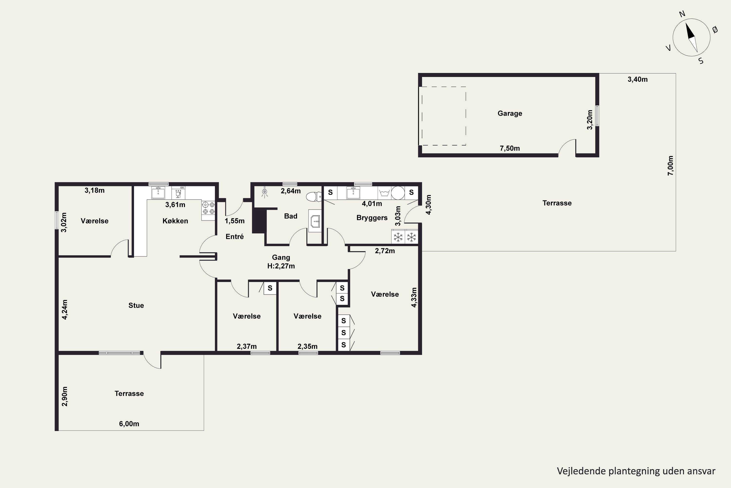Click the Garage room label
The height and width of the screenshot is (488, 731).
[510, 113]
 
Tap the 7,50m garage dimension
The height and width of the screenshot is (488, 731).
[510, 148]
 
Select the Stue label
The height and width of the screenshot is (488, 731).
[136, 305]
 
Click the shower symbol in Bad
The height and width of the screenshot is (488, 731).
[264, 193]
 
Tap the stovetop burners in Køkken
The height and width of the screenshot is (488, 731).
[209, 208]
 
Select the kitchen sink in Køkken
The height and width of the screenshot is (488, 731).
[158, 193]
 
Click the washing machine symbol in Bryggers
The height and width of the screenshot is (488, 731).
[385, 193]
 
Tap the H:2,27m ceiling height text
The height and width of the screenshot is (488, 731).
[281, 266]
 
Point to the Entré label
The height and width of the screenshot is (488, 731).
[235, 236]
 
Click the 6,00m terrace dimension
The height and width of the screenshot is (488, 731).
[129, 424]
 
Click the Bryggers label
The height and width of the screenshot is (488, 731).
[372, 218]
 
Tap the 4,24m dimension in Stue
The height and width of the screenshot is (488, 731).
[65, 309]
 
